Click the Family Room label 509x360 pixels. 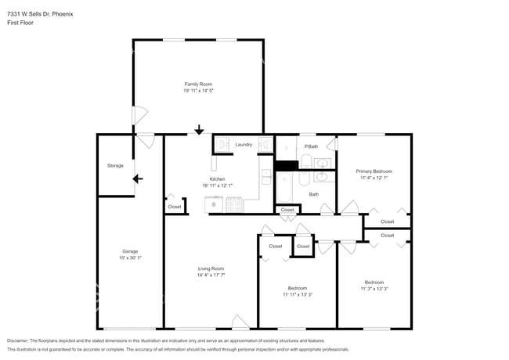[x=198, y=84]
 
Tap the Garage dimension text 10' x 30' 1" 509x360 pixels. [x=130, y=257]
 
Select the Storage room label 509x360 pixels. [x=115, y=166]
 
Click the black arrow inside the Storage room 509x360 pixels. [x=138, y=178]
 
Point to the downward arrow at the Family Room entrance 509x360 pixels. [x=199, y=130]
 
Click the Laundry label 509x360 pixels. [x=244, y=145]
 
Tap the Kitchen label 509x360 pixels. [x=217, y=179]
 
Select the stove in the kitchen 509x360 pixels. [x=234, y=205]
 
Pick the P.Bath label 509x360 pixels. [x=311, y=146]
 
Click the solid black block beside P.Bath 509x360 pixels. [x=286, y=165]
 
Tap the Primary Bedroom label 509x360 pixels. [x=374, y=171]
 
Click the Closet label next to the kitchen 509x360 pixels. [x=174, y=207]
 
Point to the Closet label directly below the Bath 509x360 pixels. [x=287, y=210]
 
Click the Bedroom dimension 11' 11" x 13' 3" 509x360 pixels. [x=297, y=295]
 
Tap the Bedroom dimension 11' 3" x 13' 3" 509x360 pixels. [x=374, y=289]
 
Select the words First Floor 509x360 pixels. [x=20, y=23]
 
